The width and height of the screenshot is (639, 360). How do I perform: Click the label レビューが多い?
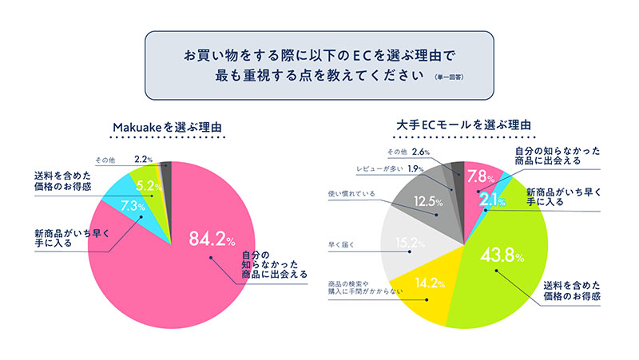point(381,169)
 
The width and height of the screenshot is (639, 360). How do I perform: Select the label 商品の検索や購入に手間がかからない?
point(363,287)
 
